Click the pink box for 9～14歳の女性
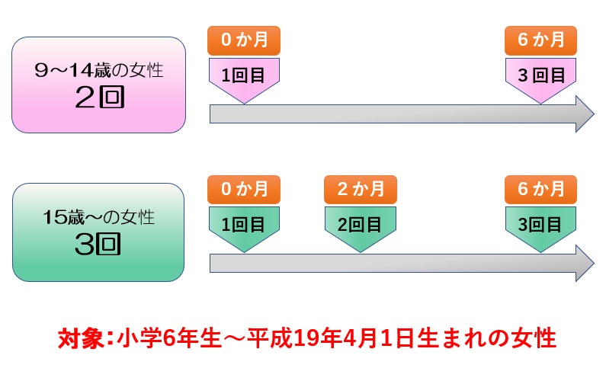pos(98,85)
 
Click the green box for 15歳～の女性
pos(98,231)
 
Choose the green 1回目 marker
pos(244,225)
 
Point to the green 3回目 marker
pos(540,225)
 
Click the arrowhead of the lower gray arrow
pos(584,264)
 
